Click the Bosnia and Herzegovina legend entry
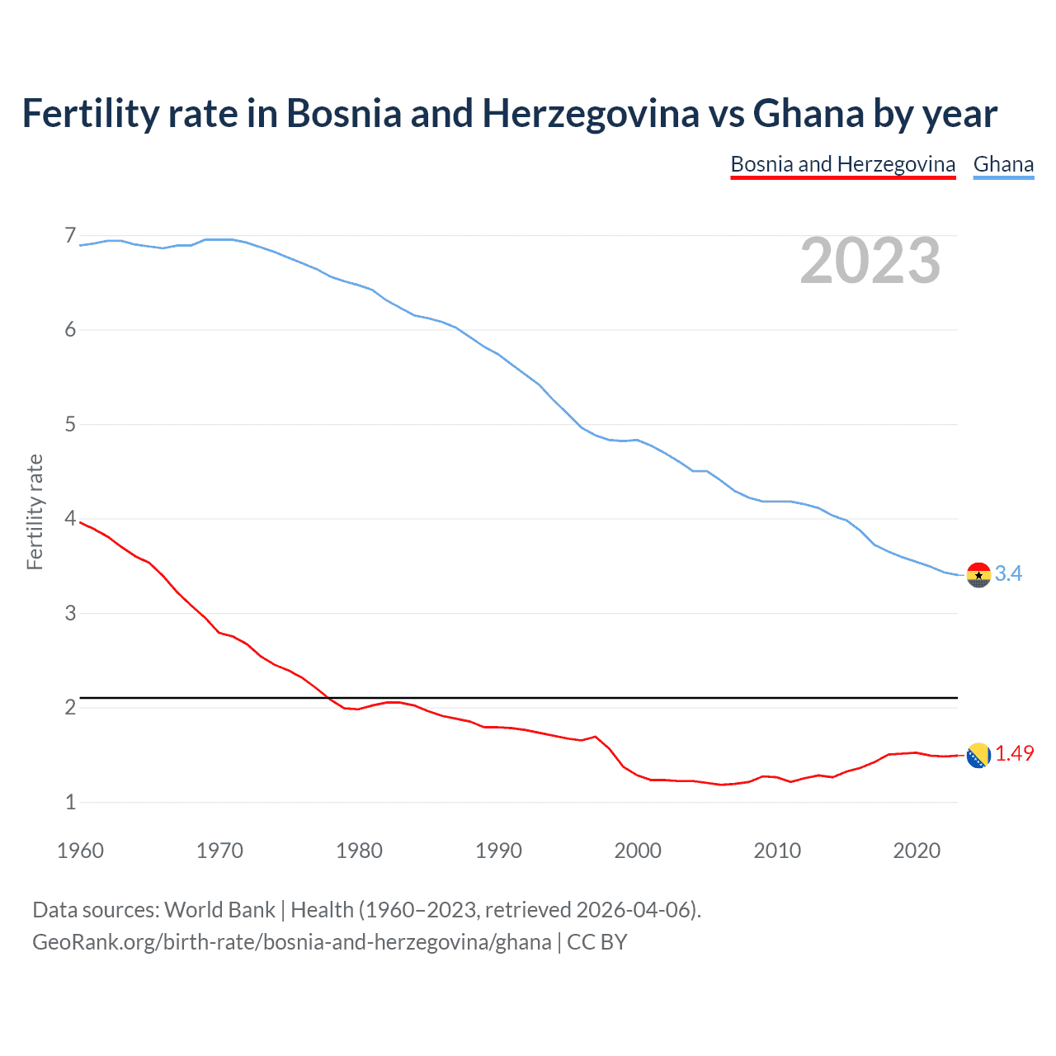click(842, 164)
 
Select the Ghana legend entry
click(1003, 164)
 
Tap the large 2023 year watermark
click(870, 261)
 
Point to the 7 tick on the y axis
click(70, 236)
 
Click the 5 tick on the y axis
click(70, 425)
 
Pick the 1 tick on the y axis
click(70, 802)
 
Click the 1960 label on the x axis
click(80, 851)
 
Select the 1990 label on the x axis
click(498, 851)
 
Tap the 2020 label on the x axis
click(917, 851)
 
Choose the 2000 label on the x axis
click(638, 851)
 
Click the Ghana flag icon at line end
click(978, 575)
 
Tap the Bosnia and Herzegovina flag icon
click(978, 755)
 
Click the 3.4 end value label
click(1008, 573)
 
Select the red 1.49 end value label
click(1014, 753)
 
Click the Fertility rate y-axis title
click(35, 511)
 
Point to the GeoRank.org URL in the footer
click(291, 942)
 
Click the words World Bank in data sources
click(219, 910)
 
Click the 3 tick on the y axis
click(70, 613)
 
